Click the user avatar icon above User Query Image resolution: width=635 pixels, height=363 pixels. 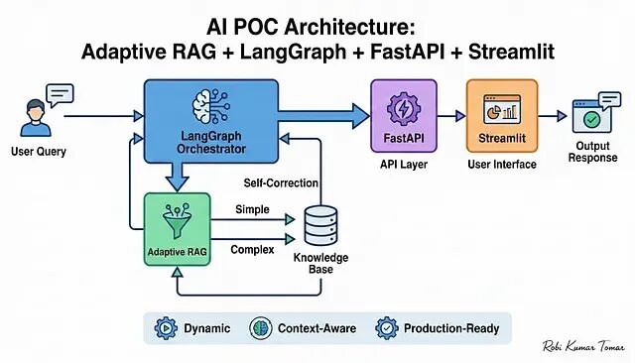coord(36,118)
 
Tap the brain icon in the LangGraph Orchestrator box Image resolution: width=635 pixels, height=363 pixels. coord(211,106)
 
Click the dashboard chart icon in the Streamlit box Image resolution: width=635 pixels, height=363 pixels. coord(502,109)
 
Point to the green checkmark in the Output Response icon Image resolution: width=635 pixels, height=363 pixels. coord(591,119)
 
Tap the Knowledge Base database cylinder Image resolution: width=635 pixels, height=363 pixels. coord(320,225)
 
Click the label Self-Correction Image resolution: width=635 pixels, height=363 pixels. coord(281,182)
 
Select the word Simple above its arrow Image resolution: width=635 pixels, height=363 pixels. coord(252,209)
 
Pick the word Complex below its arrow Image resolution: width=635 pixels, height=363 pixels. coord(252,250)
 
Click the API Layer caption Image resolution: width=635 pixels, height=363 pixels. coord(404,165)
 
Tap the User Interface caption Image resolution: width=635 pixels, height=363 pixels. coord(502,165)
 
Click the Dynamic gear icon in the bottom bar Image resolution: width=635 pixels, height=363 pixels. coord(166,328)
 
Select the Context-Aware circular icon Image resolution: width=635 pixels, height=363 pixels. coord(260,328)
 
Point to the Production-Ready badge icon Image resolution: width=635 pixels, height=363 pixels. coord(387,328)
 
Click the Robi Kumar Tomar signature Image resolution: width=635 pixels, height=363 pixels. coord(583,346)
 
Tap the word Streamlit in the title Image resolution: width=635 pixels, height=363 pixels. coord(511,53)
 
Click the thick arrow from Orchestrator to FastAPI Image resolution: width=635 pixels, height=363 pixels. coord(323,116)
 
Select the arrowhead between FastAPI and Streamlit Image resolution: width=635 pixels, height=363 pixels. coord(460,116)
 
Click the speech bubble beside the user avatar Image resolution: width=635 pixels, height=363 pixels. coord(60,95)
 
